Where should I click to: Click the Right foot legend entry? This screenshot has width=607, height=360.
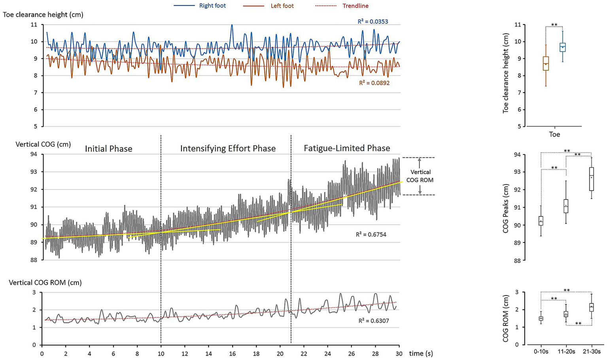(x=212, y=6)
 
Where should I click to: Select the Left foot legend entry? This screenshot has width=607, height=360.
(x=282, y=6)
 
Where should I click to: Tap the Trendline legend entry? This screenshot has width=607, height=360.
(x=355, y=6)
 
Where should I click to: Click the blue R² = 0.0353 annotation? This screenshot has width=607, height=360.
(x=373, y=21)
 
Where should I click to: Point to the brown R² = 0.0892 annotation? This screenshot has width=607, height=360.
(x=374, y=83)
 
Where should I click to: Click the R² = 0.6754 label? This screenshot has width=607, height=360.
(x=371, y=235)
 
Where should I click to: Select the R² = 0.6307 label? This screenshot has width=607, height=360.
(x=374, y=321)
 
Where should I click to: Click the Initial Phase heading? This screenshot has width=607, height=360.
(x=108, y=149)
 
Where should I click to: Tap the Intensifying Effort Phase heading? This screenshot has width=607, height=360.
(x=228, y=149)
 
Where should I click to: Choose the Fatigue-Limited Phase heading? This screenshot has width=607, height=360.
(x=347, y=148)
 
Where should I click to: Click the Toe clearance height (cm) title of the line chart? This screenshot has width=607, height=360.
(x=43, y=15)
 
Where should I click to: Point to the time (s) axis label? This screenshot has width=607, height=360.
(x=421, y=353)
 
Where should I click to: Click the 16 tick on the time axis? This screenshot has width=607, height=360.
(x=233, y=353)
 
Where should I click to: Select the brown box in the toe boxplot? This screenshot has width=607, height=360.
(x=546, y=63)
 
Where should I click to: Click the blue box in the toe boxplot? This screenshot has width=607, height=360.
(x=562, y=47)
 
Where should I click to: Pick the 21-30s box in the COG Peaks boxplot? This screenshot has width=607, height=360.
(x=591, y=179)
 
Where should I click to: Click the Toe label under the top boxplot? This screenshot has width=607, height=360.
(x=554, y=135)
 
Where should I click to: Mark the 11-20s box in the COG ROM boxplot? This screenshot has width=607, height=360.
(x=566, y=314)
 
